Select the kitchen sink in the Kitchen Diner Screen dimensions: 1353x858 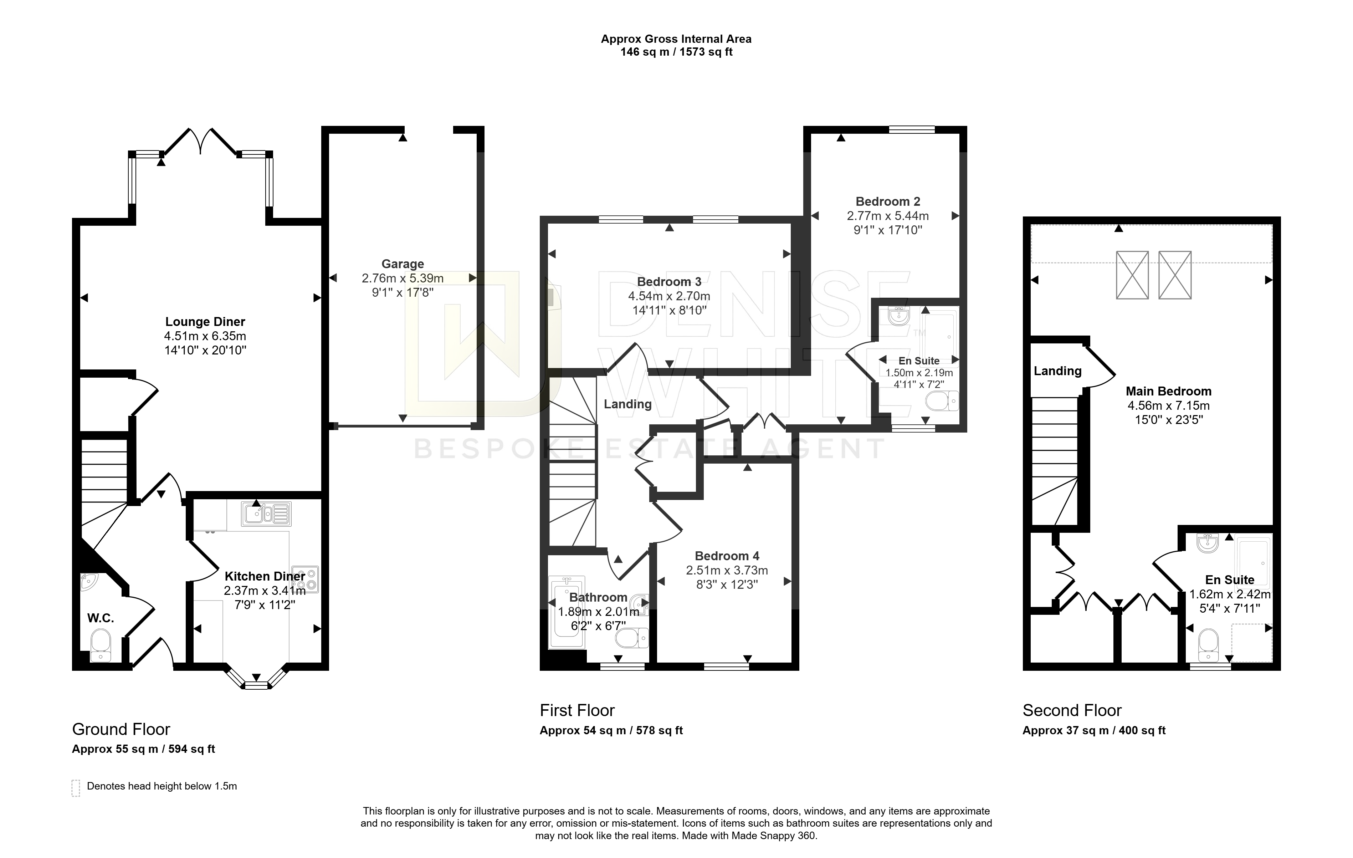[266, 514]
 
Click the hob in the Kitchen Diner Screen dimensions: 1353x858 [304, 579]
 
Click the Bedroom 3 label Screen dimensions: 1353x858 [668, 281]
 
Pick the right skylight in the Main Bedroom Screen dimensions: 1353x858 [1175, 275]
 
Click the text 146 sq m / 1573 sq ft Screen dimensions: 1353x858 [677, 52]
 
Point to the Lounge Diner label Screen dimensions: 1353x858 [205, 322]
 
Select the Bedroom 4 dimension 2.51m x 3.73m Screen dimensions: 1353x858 [727, 570]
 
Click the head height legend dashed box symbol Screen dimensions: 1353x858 [76, 788]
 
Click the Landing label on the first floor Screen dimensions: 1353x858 [627, 404]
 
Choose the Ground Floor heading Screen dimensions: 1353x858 [121, 729]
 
